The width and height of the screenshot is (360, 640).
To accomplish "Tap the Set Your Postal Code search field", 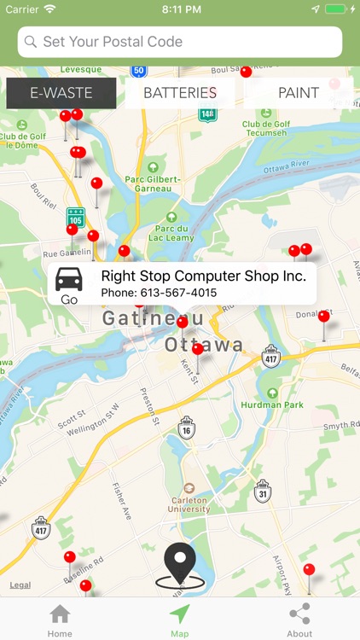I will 180,42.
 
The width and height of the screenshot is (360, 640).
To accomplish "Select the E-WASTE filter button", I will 61,93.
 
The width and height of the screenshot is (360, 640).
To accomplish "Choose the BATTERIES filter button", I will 180,93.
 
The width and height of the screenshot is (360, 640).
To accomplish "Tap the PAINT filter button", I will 299,93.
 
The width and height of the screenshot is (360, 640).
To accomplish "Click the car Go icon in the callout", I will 69,285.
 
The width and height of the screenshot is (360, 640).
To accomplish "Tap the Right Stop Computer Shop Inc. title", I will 203,276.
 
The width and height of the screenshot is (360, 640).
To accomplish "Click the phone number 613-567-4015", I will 159,293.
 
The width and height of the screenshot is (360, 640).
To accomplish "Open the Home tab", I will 60,620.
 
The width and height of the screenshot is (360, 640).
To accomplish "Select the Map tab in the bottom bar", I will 180,620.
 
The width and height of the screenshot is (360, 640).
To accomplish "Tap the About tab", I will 299,620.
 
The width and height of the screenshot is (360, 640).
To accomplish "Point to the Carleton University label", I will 188,504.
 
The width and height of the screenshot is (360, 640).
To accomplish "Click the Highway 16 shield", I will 187,429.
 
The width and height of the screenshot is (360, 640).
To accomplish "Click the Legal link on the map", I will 20,585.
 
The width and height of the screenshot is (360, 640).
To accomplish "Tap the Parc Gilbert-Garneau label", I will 153,184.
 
